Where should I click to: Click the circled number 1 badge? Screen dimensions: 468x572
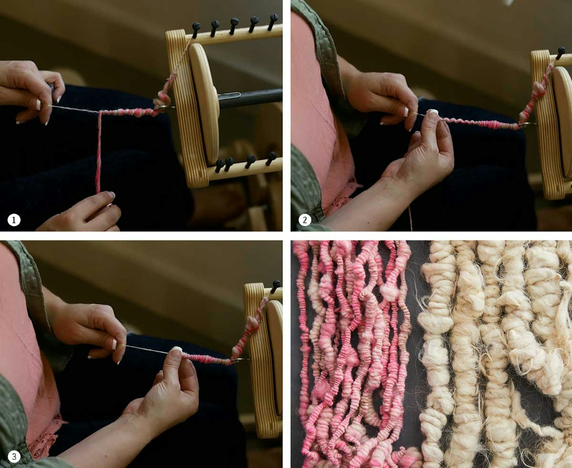click(14, 220)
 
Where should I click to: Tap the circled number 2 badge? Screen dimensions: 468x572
click(304, 220)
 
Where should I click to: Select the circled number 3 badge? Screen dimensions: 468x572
click(14, 457)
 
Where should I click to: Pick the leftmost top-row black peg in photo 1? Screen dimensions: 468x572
click(196, 28)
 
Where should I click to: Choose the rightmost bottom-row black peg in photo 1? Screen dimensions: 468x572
click(271, 157)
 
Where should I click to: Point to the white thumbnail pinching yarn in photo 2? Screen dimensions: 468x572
click(433, 112)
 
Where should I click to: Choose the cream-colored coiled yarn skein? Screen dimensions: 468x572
click(488, 352)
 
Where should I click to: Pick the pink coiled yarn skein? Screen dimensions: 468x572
click(352, 352)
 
